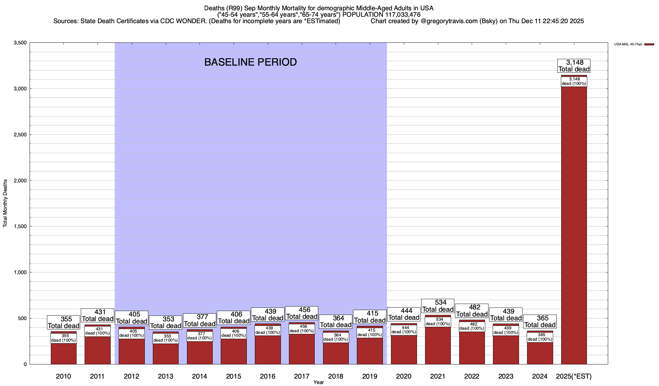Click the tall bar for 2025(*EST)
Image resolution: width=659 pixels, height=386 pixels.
[x=574, y=225]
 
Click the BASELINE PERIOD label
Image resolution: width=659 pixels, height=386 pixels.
[x=250, y=62]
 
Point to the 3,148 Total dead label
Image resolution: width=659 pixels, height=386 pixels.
[x=574, y=66]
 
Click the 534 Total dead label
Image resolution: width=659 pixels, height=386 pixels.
[x=438, y=306]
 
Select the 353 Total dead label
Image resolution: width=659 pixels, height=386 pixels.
[x=166, y=322]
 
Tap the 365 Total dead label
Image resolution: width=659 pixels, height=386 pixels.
[x=540, y=321]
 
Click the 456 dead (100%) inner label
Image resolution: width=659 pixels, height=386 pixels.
[x=302, y=329]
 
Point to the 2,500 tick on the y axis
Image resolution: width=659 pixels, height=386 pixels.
[x=20, y=135]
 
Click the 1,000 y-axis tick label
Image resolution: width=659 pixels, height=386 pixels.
[x=20, y=272]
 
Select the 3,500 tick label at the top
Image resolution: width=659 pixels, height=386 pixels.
[x=20, y=43]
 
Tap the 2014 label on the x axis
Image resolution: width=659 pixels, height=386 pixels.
[x=200, y=376]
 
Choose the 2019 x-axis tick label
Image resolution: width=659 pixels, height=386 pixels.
[x=369, y=376]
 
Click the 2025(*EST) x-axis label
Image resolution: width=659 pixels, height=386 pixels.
[x=574, y=376]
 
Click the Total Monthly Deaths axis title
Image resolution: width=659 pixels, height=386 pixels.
[x=5, y=203]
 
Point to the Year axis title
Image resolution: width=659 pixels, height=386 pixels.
[x=319, y=382]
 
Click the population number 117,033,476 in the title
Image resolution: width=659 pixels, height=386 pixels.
[x=402, y=15]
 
